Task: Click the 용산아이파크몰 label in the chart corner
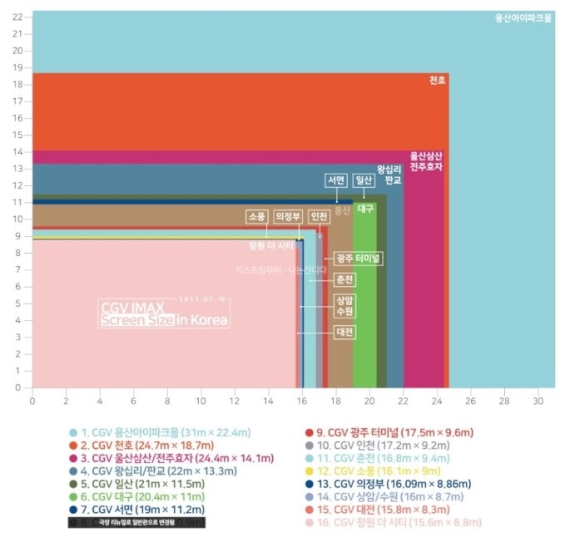click(523, 17)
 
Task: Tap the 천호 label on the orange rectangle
click(438, 81)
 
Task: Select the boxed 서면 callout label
click(336, 180)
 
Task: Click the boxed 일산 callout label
click(364, 180)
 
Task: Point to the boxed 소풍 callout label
click(257, 216)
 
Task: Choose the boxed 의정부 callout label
click(288, 216)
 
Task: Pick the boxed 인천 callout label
click(319, 216)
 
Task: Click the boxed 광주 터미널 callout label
click(358, 259)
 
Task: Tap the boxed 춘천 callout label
click(345, 279)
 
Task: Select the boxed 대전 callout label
click(345, 333)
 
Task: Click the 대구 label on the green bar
click(365, 209)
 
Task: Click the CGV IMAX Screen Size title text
click(163, 314)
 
